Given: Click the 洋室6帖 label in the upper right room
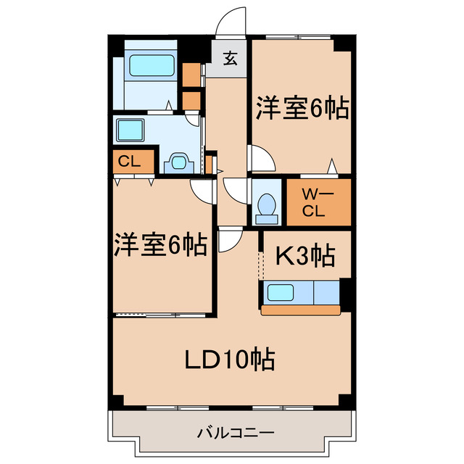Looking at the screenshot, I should pos(301,109).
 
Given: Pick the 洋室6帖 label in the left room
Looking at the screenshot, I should pos(160,244).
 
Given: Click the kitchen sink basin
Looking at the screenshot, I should pos(281,294).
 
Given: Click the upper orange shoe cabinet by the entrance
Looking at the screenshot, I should pos(191,75).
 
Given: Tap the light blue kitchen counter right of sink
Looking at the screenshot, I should pos(326,294).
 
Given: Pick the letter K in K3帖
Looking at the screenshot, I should pos(281,256).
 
